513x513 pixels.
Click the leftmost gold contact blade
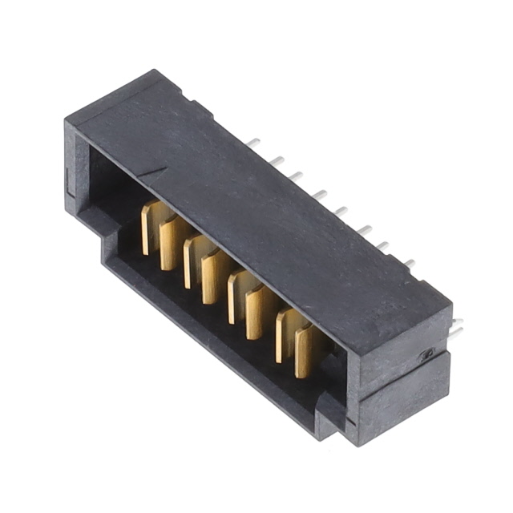pyautogui.click(x=147, y=228)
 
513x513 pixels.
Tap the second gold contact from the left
pyautogui.click(x=168, y=244)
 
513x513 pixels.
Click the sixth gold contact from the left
pyautogui.click(x=257, y=313)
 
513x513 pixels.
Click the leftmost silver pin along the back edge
pyautogui.click(x=253, y=143)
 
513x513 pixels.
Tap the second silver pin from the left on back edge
pyautogui.click(x=276, y=160)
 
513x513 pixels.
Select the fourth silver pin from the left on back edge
pyautogui.click(x=320, y=194)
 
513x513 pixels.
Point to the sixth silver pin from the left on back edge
pyautogui.click(x=364, y=229)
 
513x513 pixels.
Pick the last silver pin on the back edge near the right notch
pyautogui.click(x=409, y=262)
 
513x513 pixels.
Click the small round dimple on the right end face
pyautogui.click(x=429, y=353)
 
